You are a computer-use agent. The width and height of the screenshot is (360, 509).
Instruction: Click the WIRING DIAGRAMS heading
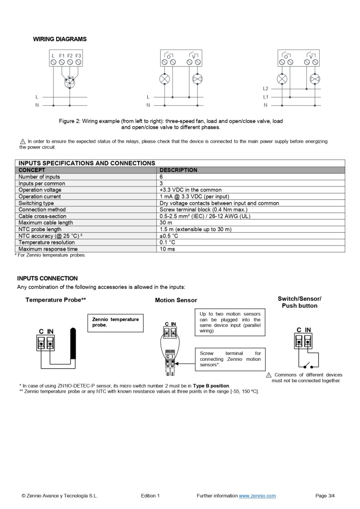coord(60,39)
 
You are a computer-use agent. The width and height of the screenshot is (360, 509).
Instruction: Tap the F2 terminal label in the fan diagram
coord(70,56)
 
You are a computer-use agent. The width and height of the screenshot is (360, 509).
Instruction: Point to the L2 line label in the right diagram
coord(266,88)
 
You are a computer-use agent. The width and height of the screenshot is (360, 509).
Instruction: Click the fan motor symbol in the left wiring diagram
coord(70,82)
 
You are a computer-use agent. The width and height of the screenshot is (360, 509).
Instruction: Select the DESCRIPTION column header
coord(178,170)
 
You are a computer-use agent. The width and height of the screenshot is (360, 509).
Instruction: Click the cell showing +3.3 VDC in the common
coord(190,190)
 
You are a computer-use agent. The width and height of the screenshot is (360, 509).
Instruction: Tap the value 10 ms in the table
coord(167,249)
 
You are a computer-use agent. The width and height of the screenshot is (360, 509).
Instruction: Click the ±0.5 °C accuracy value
coord(169,236)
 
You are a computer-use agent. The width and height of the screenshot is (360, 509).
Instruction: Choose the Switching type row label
coord(36,203)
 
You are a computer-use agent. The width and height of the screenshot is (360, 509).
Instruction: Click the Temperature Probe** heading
coord(56,300)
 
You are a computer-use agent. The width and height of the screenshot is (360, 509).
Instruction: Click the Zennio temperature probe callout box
coord(115,322)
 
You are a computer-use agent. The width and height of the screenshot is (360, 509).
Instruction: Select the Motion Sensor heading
coord(176,300)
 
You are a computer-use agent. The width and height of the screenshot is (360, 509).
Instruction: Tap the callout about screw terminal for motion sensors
coord(230,358)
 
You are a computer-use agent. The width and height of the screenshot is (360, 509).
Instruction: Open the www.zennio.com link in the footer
coord(257,496)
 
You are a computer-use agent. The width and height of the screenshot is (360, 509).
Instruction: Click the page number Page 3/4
coord(325,496)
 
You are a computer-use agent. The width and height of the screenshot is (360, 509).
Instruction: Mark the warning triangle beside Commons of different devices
coord(269,375)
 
